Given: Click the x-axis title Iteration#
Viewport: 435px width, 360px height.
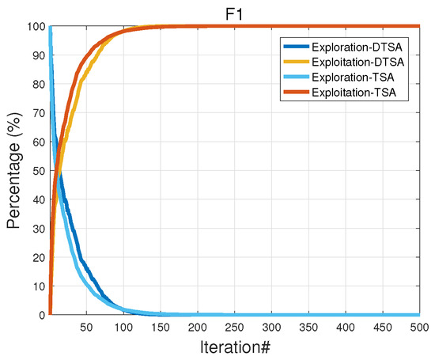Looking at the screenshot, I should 233,347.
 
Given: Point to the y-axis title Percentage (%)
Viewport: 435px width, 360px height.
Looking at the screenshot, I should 13,171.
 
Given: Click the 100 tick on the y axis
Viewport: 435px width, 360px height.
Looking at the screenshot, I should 36,26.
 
